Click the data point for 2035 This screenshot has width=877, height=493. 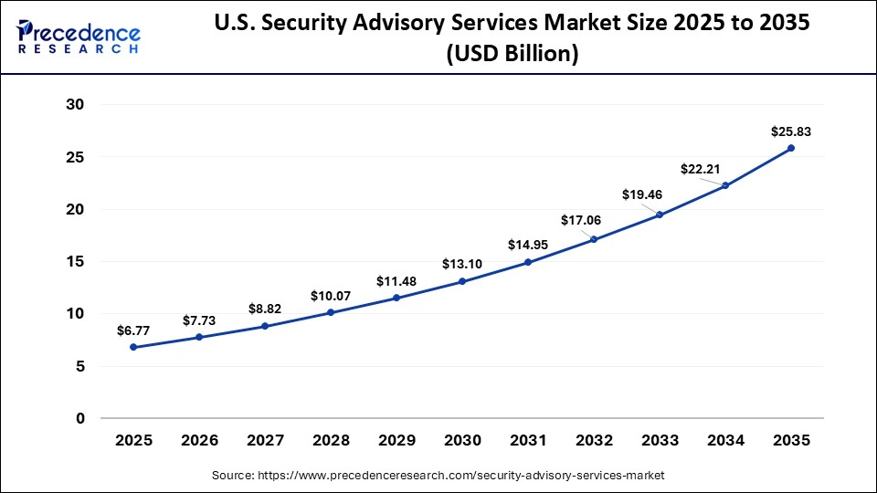(x=791, y=148)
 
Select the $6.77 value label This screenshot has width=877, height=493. (x=133, y=330)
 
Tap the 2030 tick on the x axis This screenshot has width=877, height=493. (x=462, y=440)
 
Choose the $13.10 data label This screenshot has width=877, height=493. (x=462, y=264)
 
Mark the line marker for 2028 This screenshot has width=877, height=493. (x=331, y=312)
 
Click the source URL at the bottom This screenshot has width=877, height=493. (x=438, y=476)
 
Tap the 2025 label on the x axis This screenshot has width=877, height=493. (x=133, y=440)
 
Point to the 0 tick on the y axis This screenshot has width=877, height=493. (x=80, y=418)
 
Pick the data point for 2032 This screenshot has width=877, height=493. (x=594, y=239)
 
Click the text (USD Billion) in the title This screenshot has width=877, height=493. (x=512, y=54)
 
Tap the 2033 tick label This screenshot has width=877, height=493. (x=660, y=440)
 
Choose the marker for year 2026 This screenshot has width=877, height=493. (x=199, y=337)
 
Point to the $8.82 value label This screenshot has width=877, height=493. (x=265, y=309)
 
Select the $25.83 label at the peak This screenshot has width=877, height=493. (x=791, y=131)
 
